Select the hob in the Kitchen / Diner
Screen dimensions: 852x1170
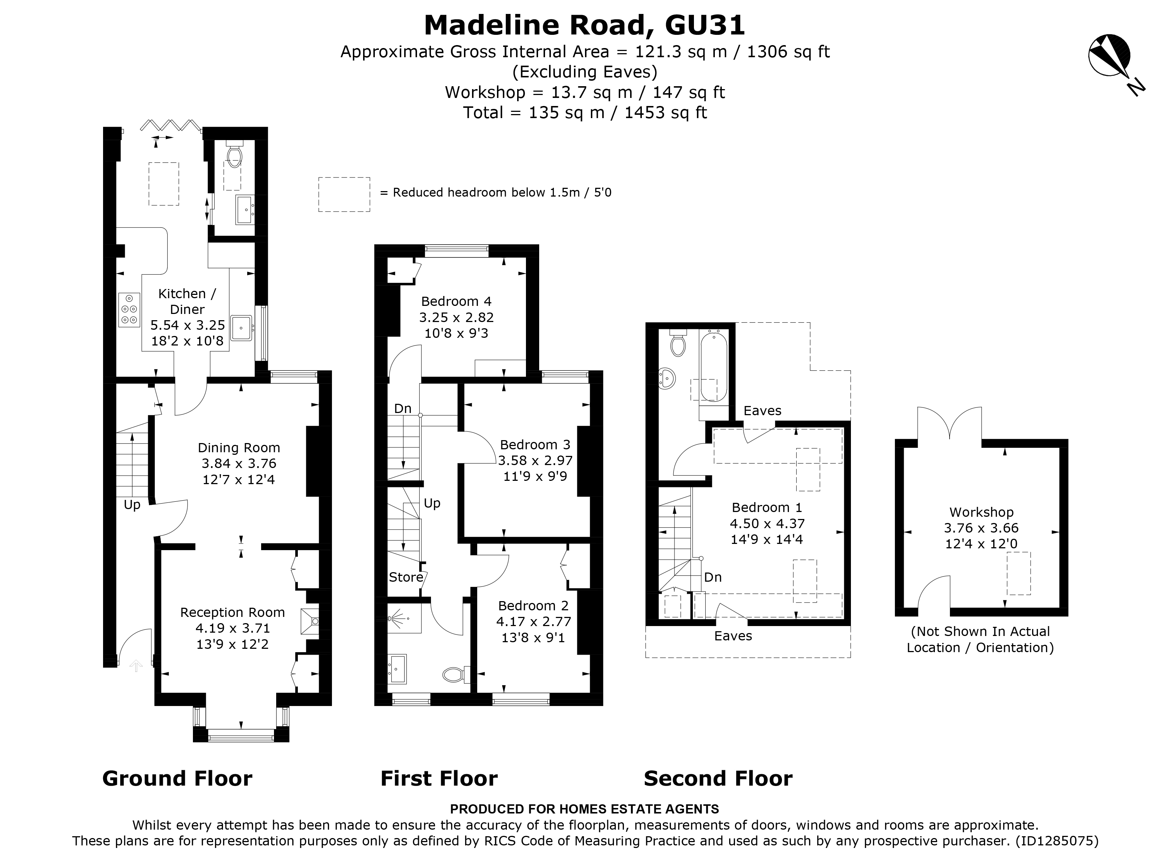click(x=129, y=310)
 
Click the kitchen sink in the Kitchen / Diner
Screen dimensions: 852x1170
click(x=241, y=328)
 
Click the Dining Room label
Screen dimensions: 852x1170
click(x=239, y=448)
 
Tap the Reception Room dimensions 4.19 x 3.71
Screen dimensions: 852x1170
click(x=232, y=628)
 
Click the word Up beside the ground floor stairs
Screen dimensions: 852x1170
click(x=132, y=505)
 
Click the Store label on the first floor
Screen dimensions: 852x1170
click(x=406, y=577)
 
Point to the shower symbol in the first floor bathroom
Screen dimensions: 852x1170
click(x=400, y=617)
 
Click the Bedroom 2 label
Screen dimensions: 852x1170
click(x=533, y=606)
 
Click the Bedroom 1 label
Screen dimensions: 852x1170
click(x=767, y=508)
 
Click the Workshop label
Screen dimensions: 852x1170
click(x=981, y=512)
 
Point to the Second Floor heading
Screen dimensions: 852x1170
click(x=717, y=779)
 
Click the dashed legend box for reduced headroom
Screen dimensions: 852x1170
click(x=344, y=194)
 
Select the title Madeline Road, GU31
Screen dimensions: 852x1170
click(x=585, y=25)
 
